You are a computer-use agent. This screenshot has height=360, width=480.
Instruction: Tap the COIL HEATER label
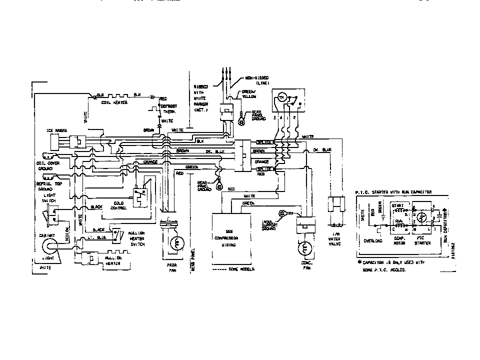coord(114,102)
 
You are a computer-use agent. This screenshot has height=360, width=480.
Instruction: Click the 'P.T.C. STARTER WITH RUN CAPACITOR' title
coord(393,191)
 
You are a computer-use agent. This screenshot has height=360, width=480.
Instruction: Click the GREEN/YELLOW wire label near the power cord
coord(249,93)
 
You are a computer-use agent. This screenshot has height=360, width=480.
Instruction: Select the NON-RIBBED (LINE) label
coord(257,80)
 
